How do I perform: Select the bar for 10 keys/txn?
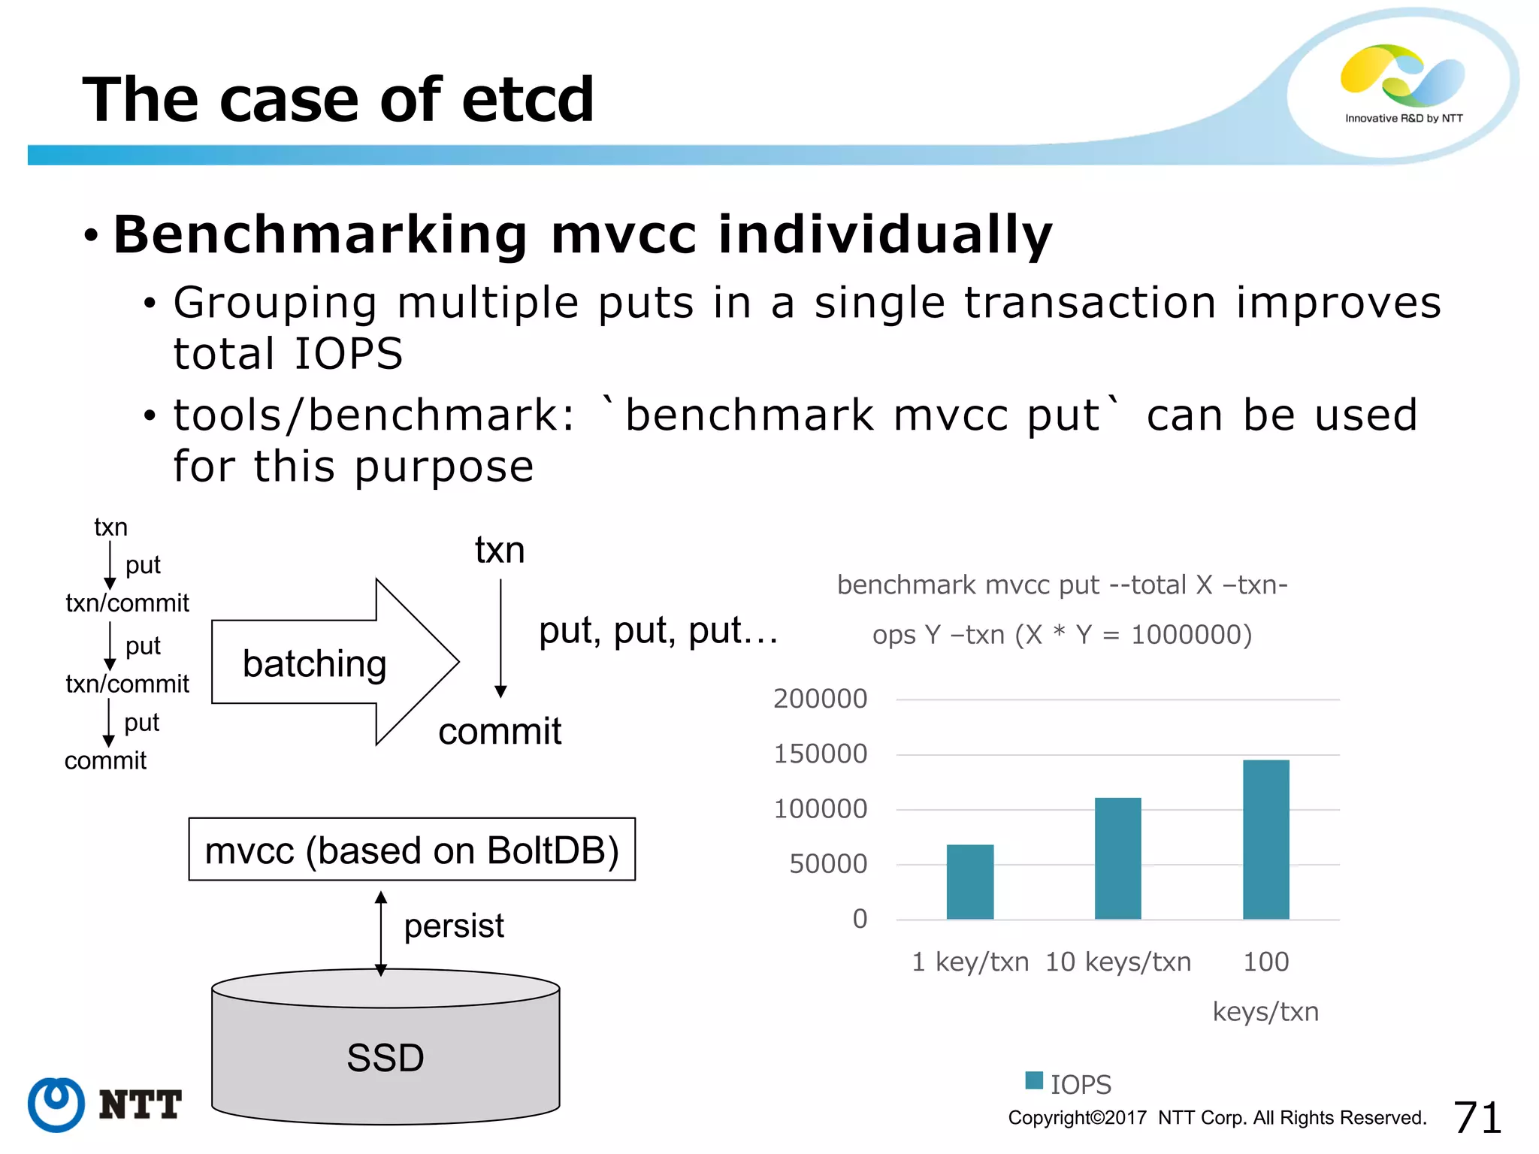point(1117,858)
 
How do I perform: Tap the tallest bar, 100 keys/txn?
point(1265,839)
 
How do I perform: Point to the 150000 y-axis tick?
point(820,754)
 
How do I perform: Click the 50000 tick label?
point(827,864)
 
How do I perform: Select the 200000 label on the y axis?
point(820,699)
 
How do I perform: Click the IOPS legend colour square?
point(1034,1080)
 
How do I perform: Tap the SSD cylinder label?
point(386,1058)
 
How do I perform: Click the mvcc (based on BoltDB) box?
point(412,850)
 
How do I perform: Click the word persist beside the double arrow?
point(454,926)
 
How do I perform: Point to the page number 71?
point(1477,1117)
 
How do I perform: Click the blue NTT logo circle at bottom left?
point(56,1104)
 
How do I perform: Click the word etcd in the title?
point(528,100)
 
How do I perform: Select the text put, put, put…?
point(658,630)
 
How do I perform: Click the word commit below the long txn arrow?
point(500,731)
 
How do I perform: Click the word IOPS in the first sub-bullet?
point(349,353)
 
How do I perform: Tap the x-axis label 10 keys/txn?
point(1117,962)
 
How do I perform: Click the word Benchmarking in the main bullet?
point(320,234)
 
